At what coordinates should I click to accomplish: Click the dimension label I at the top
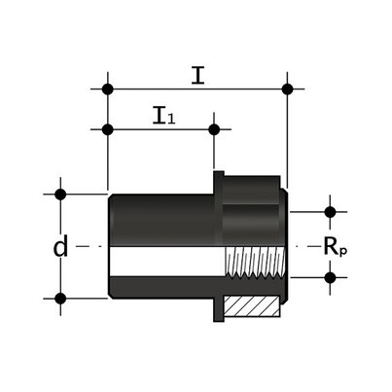(x=197, y=75)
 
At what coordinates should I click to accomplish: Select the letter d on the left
(x=60, y=248)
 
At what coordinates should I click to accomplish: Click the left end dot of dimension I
(x=107, y=89)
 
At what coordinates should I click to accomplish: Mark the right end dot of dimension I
(x=287, y=89)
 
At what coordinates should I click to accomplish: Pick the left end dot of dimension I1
(x=107, y=128)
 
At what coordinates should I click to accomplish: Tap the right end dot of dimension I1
(x=214, y=128)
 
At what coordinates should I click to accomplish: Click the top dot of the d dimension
(x=60, y=194)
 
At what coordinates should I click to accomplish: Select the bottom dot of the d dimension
(x=60, y=298)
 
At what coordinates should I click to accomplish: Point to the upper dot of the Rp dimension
(x=330, y=211)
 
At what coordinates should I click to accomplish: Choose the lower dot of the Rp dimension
(x=330, y=277)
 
